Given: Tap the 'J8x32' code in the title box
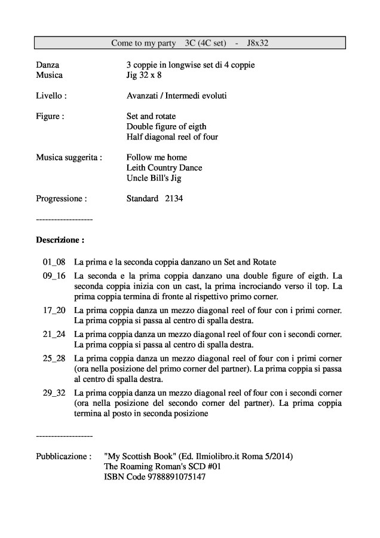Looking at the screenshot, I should pos(261,42).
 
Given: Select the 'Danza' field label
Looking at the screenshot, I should pos(48,65).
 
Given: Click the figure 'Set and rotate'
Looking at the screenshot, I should pos(151,116).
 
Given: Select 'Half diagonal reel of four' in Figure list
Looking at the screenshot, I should pos(172,137).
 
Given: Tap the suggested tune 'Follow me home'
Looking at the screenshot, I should pos(157,157).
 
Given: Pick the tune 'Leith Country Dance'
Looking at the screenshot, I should pos(164,168).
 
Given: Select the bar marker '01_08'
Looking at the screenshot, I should pos(54,262).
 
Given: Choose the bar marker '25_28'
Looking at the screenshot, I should pos(54,358).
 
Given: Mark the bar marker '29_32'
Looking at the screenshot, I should pos(54,392).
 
